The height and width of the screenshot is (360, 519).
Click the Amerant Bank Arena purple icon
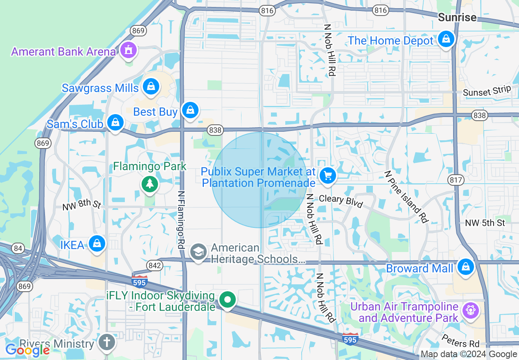(129, 50)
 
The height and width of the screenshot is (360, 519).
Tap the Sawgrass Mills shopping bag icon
(151, 86)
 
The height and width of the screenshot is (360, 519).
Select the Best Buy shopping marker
(190, 110)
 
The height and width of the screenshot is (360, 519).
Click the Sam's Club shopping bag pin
(116, 122)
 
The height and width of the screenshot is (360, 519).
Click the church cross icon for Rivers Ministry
(107, 342)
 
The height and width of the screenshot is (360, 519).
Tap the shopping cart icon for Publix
(327, 176)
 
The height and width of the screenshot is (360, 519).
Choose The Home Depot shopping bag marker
(446, 39)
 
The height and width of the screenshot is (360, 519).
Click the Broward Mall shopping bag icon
(465, 267)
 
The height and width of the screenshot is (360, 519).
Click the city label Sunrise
(457, 17)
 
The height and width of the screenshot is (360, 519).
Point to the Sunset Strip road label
(487, 91)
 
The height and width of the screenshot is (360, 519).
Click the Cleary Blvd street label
(341, 201)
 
